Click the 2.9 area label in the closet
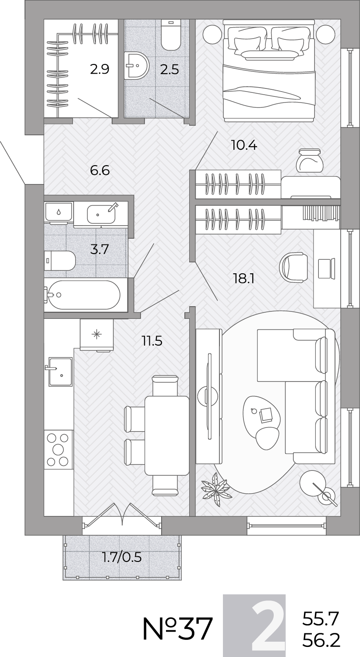pyautogui.click(x=100, y=70)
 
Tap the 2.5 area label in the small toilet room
pyautogui.click(x=169, y=70)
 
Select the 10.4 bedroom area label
pyautogui.click(x=244, y=145)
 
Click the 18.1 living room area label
pyautogui.click(x=244, y=278)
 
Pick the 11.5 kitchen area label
pyautogui.click(x=152, y=341)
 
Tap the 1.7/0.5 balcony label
pyautogui.click(x=122, y=557)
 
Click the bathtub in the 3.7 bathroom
pyautogui.click(x=82, y=295)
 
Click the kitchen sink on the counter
pyautogui.click(x=60, y=371)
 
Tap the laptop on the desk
pyautogui.click(x=327, y=268)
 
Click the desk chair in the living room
pyautogui.click(x=293, y=268)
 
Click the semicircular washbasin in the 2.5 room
pyautogui.click(x=136, y=66)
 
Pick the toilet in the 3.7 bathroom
pyautogui.click(x=60, y=261)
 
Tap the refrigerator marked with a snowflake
pyautogui.click(x=96, y=335)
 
